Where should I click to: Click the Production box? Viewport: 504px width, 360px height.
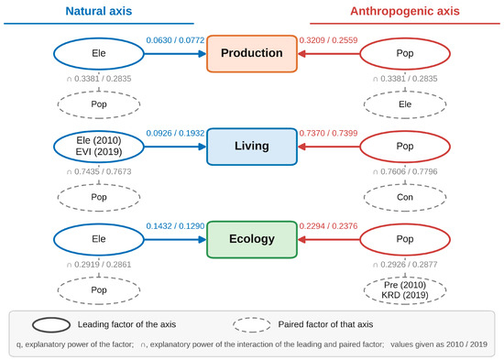(x=252, y=53)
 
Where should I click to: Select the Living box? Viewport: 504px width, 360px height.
(x=252, y=147)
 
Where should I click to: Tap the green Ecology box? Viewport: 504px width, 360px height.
(x=252, y=239)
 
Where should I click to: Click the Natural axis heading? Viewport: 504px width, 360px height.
(x=99, y=11)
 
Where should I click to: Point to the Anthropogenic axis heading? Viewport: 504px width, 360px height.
(x=405, y=11)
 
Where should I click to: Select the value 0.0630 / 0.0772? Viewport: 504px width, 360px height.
(x=175, y=40)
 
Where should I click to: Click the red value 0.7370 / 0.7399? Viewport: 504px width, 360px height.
(x=328, y=133)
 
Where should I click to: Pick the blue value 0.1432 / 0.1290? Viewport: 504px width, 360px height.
(x=175, y=226)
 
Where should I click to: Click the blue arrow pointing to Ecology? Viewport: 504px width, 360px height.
(x=175, y=239)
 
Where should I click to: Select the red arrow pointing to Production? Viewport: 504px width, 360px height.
(x=328, y=54)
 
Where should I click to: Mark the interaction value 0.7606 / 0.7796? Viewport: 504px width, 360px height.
(x=405, y=171)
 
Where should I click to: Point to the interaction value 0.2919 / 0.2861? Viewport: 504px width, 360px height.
(x=99, y=265)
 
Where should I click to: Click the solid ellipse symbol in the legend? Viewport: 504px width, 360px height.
(x=51, y=324)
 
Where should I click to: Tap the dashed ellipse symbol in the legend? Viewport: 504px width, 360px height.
(x=252, y=324)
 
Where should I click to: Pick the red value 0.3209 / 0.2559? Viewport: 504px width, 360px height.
(x=328, y=40)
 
